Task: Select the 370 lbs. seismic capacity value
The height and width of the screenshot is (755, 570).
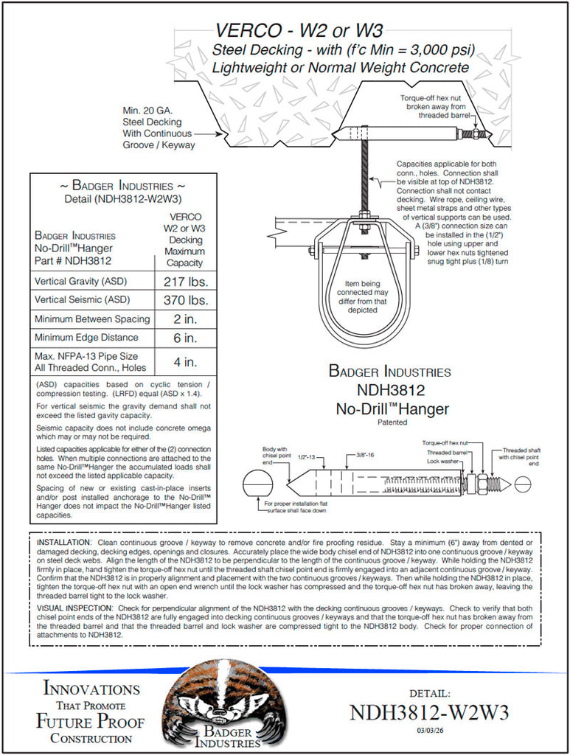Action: click(185, 300)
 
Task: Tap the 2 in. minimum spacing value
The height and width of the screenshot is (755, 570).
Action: click(185, 319)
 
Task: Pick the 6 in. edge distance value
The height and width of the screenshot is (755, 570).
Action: click(185, 338)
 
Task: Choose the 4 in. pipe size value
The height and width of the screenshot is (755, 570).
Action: click(185, 362)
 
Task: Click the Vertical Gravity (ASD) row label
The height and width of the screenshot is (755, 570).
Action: click(81, 281)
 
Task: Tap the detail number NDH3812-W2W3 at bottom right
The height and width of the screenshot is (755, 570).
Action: click(428, 713)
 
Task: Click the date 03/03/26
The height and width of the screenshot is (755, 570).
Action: click(428, 731)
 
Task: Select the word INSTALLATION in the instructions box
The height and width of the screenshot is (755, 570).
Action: click(63, 542)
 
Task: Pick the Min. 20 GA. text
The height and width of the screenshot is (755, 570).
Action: click(147, 110)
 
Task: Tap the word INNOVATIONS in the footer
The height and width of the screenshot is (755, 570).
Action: click(91, 689)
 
